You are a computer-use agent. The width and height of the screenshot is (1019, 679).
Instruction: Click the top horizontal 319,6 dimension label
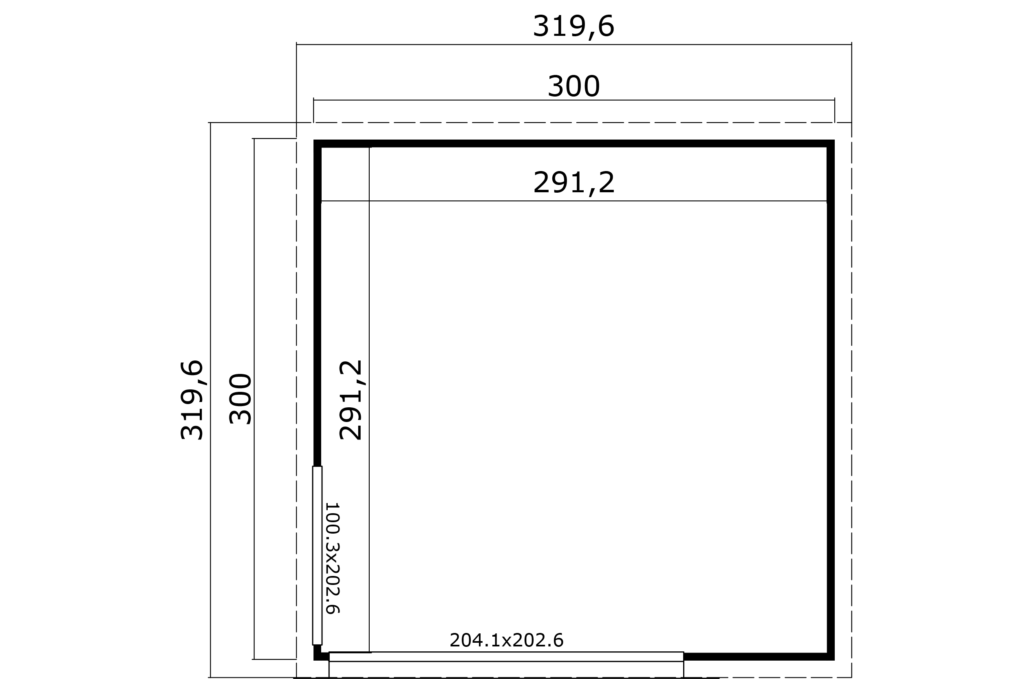click(x=573, y=27)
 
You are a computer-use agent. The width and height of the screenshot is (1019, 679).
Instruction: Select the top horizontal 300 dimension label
click(x=573, y=87)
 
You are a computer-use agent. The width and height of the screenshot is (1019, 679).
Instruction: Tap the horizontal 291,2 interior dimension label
click(x=573, y=183)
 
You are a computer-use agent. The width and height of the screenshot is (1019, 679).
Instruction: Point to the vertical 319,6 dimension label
click(x=192, y=400)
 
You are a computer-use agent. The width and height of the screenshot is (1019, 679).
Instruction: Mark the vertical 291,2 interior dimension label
click(x=350, y=400)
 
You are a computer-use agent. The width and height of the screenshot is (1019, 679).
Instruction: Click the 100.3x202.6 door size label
click(x=332, y=558)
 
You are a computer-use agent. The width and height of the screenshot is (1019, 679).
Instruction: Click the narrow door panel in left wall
click(x=317, y=556)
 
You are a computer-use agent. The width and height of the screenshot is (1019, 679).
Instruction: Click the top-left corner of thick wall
click(x=314, y=140)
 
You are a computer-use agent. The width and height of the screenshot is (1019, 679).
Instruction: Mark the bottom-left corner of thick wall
click(x=314, y=660)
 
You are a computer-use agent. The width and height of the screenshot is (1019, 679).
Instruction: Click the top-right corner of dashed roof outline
click(x=852, y=123)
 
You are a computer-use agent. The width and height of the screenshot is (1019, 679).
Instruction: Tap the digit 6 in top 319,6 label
click(x=606, y=26)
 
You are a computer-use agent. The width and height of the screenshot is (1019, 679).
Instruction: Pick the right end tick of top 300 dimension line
click(x=835, y=100)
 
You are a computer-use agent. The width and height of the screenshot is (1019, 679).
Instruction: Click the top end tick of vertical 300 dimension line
click(x=254, y=138)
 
